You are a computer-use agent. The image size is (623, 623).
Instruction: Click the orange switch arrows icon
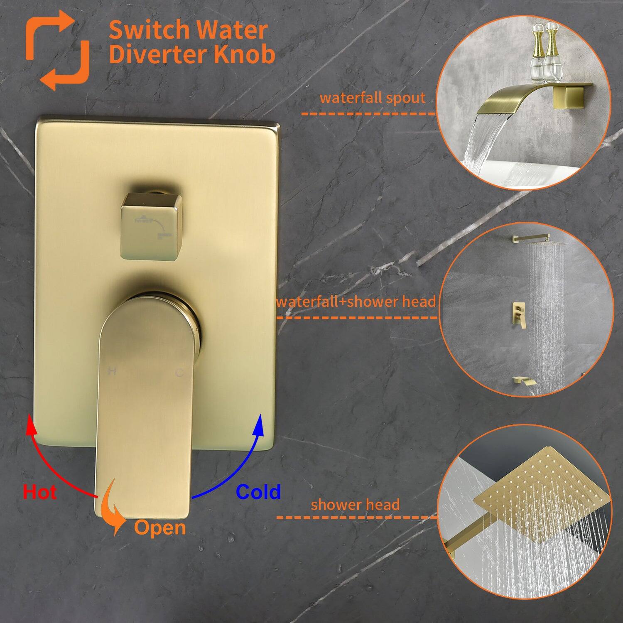57,50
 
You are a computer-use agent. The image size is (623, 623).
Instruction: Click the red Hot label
40,492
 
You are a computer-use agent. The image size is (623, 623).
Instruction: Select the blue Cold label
258,492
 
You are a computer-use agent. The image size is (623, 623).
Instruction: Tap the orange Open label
160,527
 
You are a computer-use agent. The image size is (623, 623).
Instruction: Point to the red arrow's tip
29,417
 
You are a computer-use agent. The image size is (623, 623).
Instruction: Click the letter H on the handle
111,371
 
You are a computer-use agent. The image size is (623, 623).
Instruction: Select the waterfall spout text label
373,98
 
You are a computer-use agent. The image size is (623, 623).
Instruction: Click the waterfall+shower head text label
356,302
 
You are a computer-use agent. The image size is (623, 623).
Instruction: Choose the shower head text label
355,505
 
